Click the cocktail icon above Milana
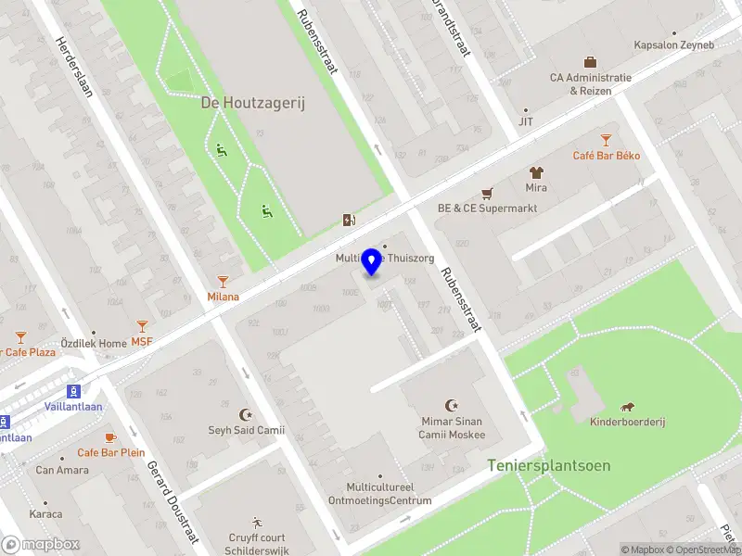click(x=223, y=281)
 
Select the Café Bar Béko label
click(x=606, y=155)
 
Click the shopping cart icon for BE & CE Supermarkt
click(x=487, y=194)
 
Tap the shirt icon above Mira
click(x=536, y=172)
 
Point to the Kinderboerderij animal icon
click(x=628, y=407)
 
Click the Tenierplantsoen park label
click(x=549, y=465)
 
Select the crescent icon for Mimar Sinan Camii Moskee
click(x=452, y=405)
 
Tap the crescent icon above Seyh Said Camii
click(x=246, y=414)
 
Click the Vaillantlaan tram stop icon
click(x=73, y=391)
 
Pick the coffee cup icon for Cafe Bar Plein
click(x=110, y=437)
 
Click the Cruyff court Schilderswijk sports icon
click(x=257, y=523)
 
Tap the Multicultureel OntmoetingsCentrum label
click(x=379, y=494)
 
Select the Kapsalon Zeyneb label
click(x=674, y=44)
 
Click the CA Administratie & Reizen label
click(x=590, y=84)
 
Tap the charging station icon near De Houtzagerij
click(x=349, y=220)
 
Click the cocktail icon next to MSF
click(x=142, y=326)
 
